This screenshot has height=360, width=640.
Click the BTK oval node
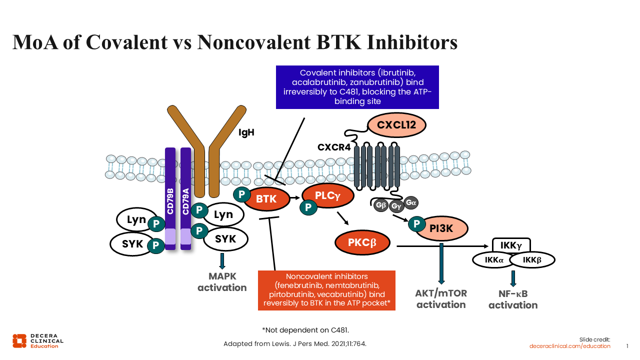266,199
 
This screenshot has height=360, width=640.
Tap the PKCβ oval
362,243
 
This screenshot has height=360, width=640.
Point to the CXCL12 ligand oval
396,125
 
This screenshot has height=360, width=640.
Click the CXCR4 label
334,147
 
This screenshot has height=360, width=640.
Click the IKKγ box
511,245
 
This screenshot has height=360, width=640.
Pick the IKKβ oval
532,260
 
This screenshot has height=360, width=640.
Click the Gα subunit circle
411,202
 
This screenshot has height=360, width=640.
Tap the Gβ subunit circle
379,205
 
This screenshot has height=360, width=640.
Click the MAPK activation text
222,282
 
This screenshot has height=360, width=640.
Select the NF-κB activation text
513,300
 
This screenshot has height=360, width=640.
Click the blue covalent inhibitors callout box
357,87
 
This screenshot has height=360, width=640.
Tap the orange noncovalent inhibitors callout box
326,290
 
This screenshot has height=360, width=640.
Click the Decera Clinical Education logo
38,340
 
